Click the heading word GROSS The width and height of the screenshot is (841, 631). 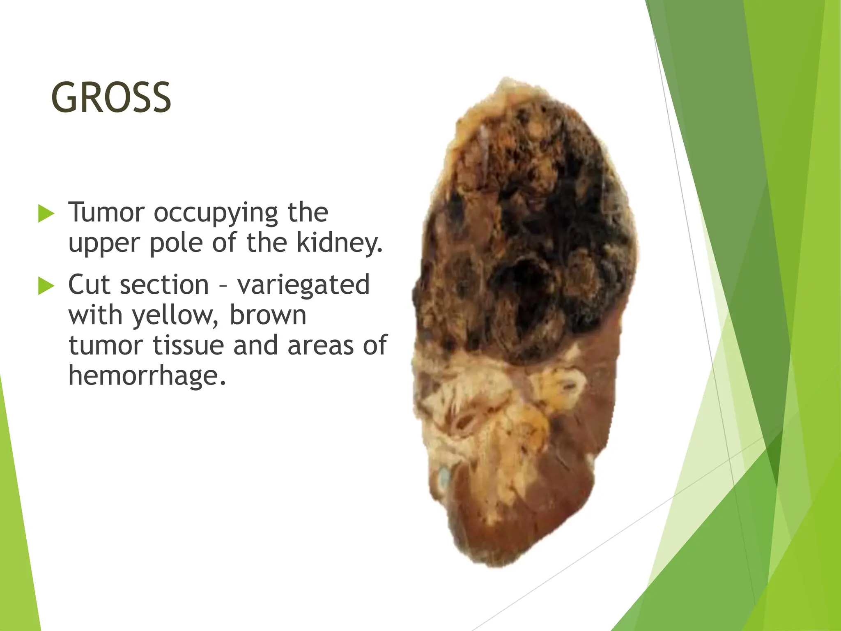(x=111, y=98)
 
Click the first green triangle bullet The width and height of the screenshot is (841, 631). (x=46, y=213)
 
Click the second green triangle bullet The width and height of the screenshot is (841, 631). (x=46, y=286)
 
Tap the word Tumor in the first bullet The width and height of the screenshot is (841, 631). (x=106, y=212)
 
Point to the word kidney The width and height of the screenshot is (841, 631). (x=339, y=243)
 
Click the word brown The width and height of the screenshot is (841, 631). (x=268, y=315)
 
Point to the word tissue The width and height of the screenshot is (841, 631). (x=188, y=345)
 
